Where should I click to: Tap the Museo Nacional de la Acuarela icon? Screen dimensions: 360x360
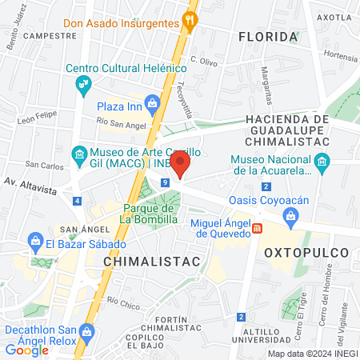pyautogui.click(x=322, y=163)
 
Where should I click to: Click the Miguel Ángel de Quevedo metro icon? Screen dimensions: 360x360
pyautogui.click(x=257, y=228)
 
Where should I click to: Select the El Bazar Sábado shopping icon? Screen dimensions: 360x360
pyautogui.click(x=35, y=241)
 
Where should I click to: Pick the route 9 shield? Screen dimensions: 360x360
pyautogui.click(x=164, y=182)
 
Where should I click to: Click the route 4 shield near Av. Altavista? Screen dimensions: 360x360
pyautogui.click(x=77, y=202)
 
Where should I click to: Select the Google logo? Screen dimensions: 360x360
pyautogui.click(x=27, y=350)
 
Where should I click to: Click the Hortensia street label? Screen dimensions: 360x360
pyautogui.click(x=341, y=58)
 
